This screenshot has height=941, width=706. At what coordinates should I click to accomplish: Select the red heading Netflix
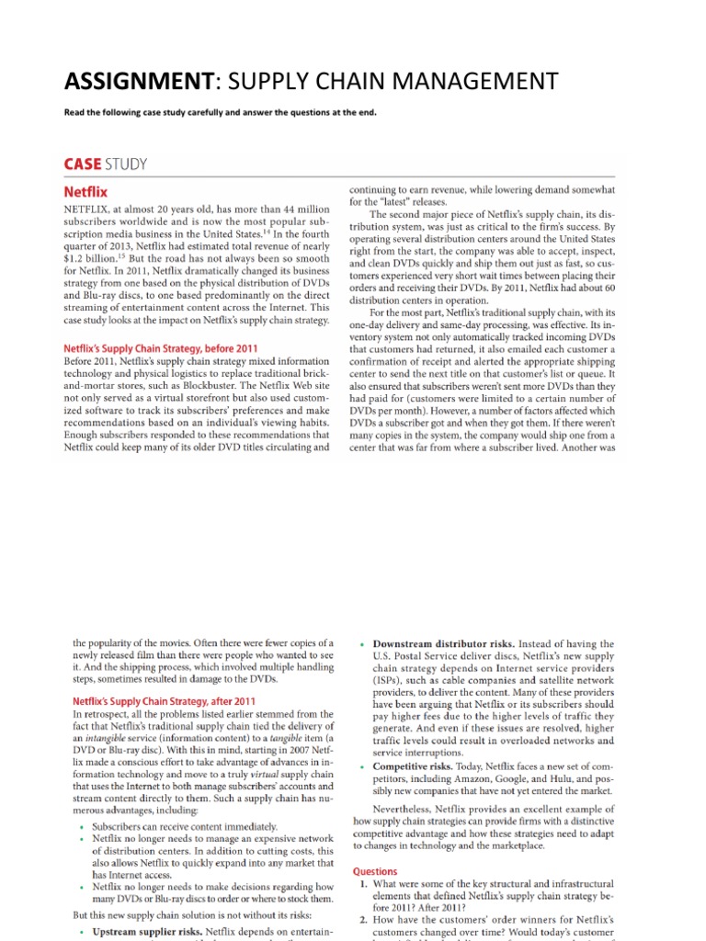(85, 192)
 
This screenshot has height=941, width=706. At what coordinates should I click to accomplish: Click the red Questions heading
(375, 870)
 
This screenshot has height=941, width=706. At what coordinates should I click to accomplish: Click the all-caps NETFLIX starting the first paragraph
(87, 210)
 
